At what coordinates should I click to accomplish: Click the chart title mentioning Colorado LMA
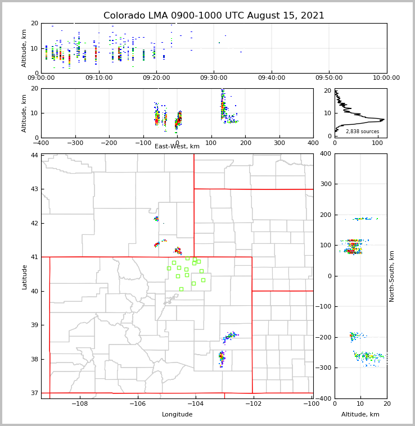[x=214, y=16]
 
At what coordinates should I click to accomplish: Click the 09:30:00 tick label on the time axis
[x=214, y=78]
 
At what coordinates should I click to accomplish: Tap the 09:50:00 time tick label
[x=329, y=78]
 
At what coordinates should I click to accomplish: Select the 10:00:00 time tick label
[x=386, y=78]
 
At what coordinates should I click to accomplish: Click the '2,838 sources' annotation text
[x=362, y=132]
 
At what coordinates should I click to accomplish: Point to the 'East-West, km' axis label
[x=177, y=146]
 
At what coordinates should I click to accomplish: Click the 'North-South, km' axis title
[x=392, y=276]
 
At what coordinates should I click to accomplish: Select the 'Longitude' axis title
[x=177, y=415]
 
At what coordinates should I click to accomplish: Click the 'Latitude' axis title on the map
[x=24, y=277]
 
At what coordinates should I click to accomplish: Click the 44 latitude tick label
[x=34, y=155]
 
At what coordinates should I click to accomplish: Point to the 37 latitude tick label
[x=34, y=393]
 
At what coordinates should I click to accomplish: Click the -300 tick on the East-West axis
[x=75, y=143]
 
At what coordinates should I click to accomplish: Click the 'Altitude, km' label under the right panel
[x=360, y=415]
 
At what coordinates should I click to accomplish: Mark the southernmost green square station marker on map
[x=181, y=289]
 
